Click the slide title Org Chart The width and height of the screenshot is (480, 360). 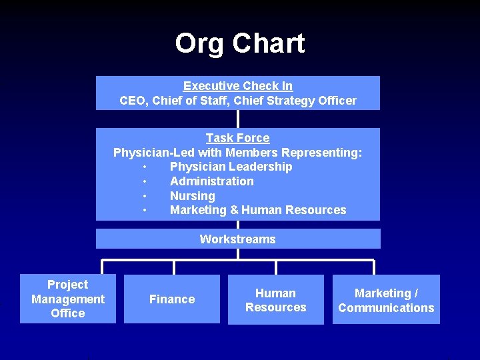pyautogui.click(x=239, y=44)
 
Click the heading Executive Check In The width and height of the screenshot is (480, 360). pyautogui.click(x=238, y=86)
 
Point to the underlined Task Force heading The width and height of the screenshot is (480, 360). pyautogui.click(x=238, y=138)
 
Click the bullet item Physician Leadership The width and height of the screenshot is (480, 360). pyautogui.click(x=231, y=167)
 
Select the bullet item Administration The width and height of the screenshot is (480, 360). pyautogui.click(x=212, y=181)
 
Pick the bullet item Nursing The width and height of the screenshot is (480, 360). pyautogui.click(x=193, y=196)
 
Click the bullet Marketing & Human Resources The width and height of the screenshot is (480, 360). pyautogui.click(x=258, y=210)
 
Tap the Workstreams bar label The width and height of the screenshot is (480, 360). pyautogui.click(x=238, y=239)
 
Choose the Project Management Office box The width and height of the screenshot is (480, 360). pyautogui.click(x=68, y=299)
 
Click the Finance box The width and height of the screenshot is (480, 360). pyautogui.click(x=172, y=299)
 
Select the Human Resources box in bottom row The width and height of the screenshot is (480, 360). pyautogui.click(x=276, y=300)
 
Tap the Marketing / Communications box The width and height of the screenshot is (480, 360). pyautogui.click(x=386, y=300)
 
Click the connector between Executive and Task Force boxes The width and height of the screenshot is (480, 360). pyautogui.click(x=238, y=119)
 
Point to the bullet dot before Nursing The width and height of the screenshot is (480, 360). pyautogui.click(x=144, y=196)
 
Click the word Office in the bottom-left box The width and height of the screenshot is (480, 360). pyautogui.click(x=68, y=313)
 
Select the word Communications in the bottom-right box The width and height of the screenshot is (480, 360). pyautogui.click(x=386, y=308)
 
